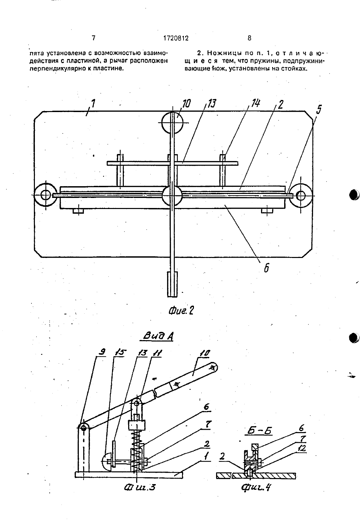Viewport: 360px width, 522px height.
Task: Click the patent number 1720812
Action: [176, 38]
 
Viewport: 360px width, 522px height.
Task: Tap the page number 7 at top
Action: [93, 38]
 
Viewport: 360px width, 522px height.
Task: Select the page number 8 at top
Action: [249, 38]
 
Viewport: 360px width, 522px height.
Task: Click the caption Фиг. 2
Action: [181, 311]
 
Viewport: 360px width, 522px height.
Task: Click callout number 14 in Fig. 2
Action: [255, 103]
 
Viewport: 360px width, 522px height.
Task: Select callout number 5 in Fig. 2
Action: [318, 109]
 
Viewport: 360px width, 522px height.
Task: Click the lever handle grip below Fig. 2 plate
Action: [172, 284]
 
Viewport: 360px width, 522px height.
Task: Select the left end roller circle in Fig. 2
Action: [45, 195]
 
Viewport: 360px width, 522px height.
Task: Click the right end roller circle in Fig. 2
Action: [301, 195]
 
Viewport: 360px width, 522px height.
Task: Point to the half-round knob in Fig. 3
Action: [106, 461]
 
